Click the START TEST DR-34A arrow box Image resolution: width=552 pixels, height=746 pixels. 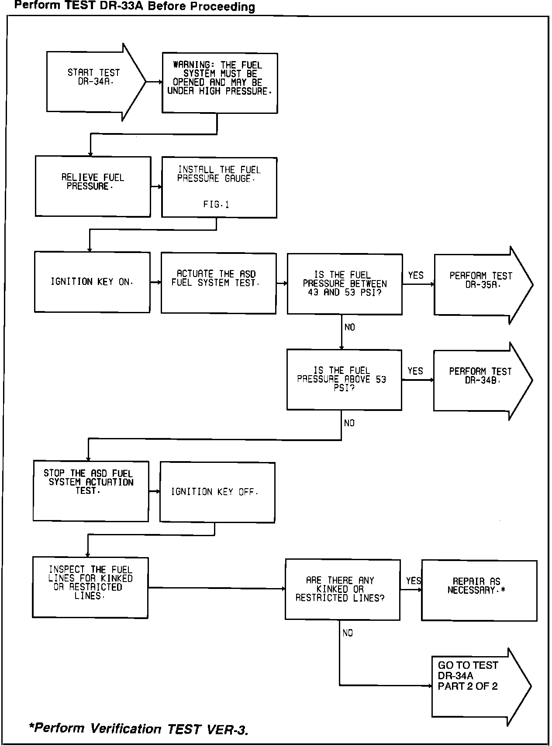point(93,81)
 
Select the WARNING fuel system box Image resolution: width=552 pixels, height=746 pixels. point(220,83)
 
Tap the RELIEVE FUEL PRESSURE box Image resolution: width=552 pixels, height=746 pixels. point(93,186)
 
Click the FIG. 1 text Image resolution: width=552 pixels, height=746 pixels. point(216,204)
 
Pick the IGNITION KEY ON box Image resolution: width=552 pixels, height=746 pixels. point(92,282)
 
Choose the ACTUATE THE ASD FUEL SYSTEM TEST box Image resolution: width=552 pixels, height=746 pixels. point(218,283)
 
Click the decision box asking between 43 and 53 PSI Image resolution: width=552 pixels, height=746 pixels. point(345,284)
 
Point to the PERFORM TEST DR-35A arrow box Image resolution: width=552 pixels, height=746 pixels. point(480,285)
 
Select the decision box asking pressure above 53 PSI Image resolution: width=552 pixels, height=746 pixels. point(344,380)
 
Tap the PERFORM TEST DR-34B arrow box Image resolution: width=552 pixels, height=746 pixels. point(480,380)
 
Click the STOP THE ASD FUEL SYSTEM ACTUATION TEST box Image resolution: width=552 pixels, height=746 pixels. point(91,491)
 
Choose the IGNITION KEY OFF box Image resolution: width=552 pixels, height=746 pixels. point(217,492)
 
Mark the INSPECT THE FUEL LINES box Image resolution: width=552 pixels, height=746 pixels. point(90,587)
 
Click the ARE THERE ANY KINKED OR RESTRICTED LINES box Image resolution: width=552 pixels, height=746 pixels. point(342,589)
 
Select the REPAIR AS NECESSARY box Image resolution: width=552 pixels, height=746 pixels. point(479,590)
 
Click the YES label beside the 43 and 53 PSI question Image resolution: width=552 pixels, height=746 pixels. point(416,275)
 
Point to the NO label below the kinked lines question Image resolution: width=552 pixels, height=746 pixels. point(348,633)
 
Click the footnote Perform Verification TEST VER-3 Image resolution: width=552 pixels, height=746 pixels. point(138,729)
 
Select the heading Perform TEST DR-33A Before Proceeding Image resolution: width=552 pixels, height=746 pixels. point(135,7)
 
